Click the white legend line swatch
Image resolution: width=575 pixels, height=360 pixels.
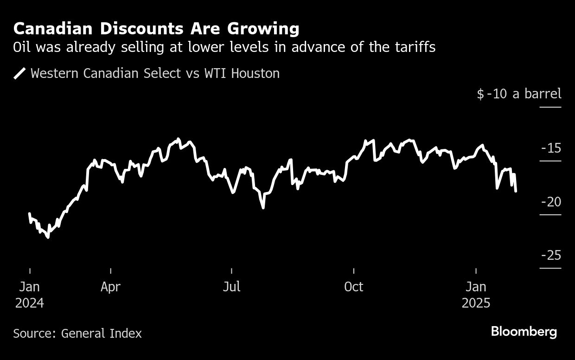[x=20, y=73]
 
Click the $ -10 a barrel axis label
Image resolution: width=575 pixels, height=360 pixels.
[x=519, y=94]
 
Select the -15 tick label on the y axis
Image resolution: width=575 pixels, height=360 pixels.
[x=551, y=148]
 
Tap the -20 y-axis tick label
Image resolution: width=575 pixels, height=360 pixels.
[x=550, y=202]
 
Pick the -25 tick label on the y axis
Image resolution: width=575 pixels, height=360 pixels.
[x=550, y=255]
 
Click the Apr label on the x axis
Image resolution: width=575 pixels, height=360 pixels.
[x=110, y=287]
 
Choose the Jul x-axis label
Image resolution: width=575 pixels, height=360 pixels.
[x=231, y=287]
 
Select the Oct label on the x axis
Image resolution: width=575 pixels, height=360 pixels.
[x=353, y=287]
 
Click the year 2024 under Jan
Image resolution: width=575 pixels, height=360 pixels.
[x=30, y=303]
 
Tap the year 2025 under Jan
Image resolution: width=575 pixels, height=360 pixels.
[x=476, y=303]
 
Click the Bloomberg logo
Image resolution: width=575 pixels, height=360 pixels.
[x=524, y=332]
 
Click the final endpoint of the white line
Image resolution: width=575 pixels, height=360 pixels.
[x=516, y=191]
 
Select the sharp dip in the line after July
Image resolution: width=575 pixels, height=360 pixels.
[x=263, y=207]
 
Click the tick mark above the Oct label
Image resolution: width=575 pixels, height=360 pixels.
[x=354, y=271]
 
